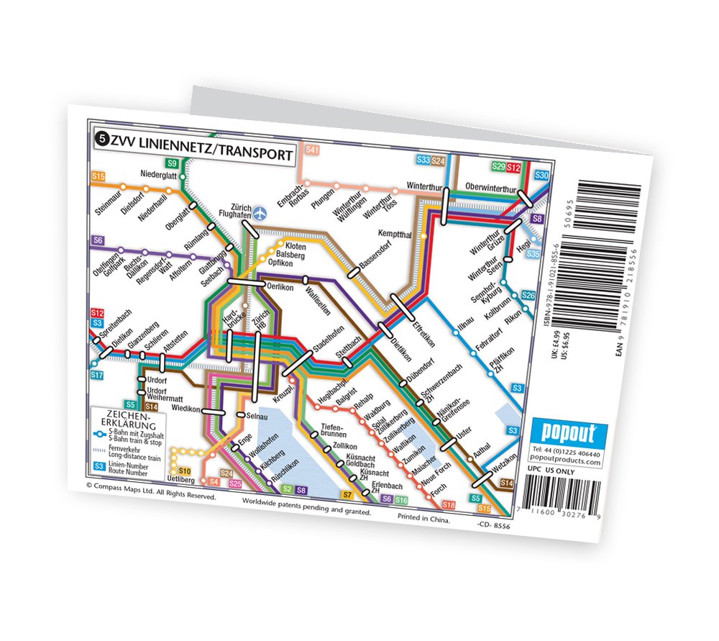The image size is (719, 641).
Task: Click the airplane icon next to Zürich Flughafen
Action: click(259, 213)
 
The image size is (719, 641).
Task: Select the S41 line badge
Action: click(311, 150)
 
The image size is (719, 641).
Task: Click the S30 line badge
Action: click(542, 176)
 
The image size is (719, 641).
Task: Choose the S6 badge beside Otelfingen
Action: click(99, 240)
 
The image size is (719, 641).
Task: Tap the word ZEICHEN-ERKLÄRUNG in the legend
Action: click(127, 419)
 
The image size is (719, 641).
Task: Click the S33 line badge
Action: click(423, 160)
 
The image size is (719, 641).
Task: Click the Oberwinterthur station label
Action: click(492, 187)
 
